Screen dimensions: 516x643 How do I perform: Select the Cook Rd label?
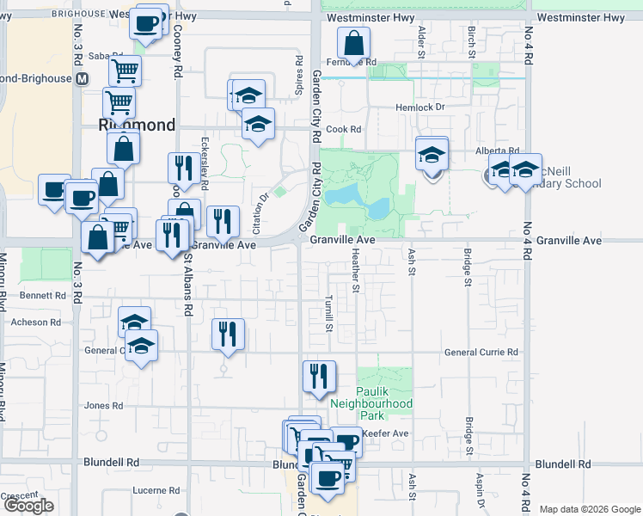click(343, 130)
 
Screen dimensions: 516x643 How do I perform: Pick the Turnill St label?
click(328, 313)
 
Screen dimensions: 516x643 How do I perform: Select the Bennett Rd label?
click(48, 295)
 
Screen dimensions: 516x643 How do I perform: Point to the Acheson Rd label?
click(36, 322)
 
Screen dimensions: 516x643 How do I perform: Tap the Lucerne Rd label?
click(155, 490)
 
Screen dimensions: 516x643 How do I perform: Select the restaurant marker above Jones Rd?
click(318, 375)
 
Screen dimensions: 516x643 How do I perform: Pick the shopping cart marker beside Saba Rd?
click(125, 70)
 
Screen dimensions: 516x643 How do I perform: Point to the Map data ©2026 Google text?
click(590, 509)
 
